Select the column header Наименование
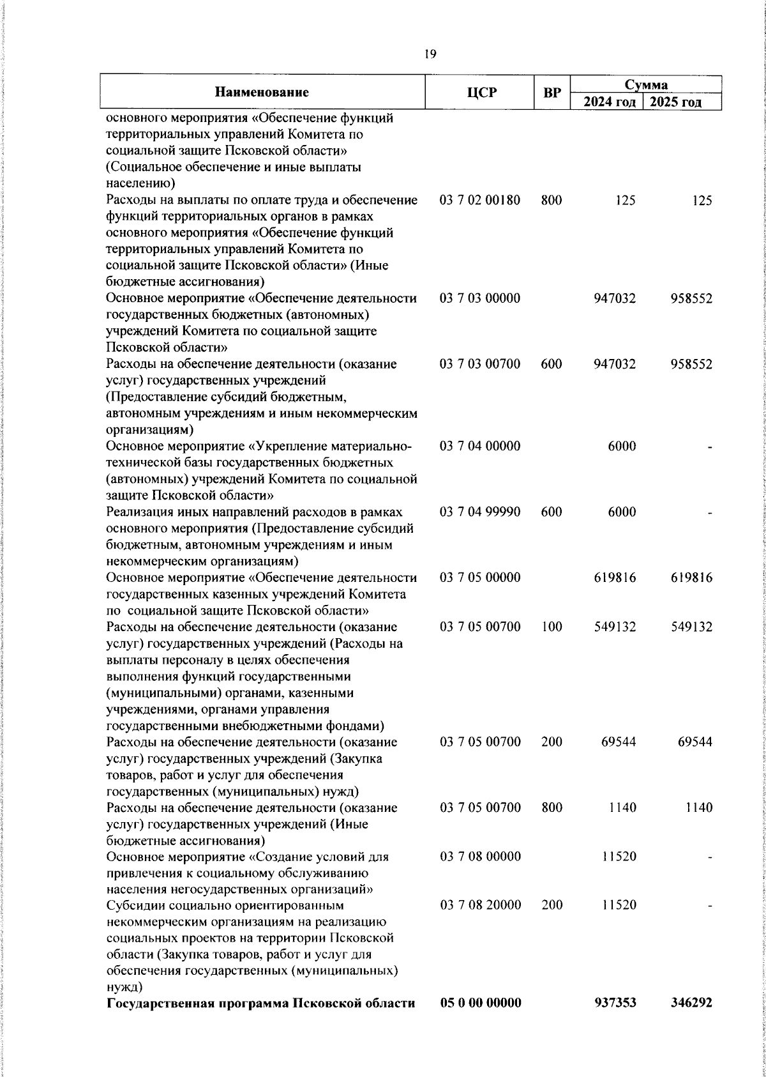tap(262, 93)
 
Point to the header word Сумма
tap(645, 84)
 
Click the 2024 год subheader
tap(606, 102)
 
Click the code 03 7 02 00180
tap(480, 201)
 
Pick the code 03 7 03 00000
tap(480, 299)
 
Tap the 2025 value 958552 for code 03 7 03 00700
tap(691, 365)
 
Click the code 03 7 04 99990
tap(480, 512)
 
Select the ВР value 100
tap(551, 627)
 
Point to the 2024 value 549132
tap(615, 627)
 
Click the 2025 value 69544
tap(695, 742)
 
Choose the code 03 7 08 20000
tap(480, 906)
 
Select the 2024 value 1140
tap(622, 808)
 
